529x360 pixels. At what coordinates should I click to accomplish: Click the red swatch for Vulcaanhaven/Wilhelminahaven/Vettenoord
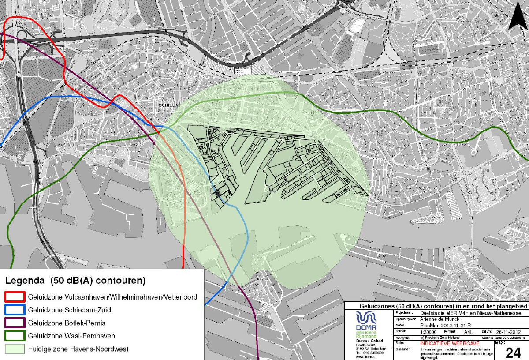pos(15,297)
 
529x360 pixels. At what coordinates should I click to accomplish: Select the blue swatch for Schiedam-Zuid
pos(15,310)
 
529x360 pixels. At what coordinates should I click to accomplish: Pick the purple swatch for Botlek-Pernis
pos(15,323)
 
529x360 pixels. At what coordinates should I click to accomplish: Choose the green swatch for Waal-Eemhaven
pos(15,336)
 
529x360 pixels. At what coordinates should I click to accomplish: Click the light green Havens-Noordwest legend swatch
pos(15,349)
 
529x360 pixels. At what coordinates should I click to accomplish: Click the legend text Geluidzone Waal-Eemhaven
pos(71,336)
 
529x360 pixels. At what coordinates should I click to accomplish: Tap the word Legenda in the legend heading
pos(24,281)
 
